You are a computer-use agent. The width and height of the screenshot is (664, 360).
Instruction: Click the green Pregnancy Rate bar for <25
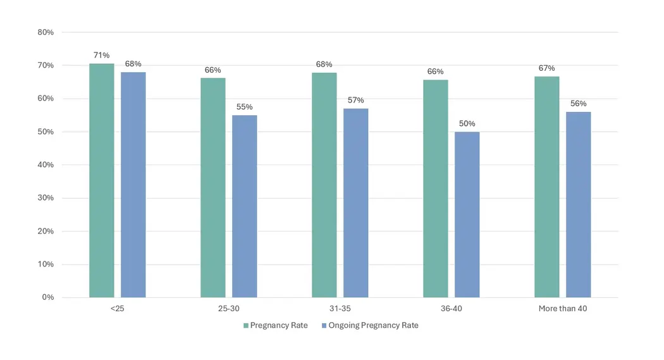pyautogui.click(x=101, y=180)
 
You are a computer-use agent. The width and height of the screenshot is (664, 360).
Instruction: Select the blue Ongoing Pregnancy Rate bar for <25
pyautogui.click(x=133, y=185)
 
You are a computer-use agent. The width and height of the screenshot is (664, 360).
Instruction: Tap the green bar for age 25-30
pyautogui.click(x=212, y=187)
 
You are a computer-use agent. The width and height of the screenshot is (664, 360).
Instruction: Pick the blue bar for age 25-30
pyautogui.click(x=244, y=206)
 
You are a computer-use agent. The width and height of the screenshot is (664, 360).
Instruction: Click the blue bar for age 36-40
pyautogui.click(x=467, y=214)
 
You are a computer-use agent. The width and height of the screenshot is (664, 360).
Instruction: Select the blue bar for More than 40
pyautogui.click(x=578, y=204)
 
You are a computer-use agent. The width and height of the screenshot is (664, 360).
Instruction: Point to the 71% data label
pyautogui.click(x=101, y=56)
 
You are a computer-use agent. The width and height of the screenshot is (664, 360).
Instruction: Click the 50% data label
pyautogui.click(x=467, y=124)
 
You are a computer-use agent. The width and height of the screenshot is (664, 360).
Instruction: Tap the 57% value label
pyautogui.click(x=355, y=101)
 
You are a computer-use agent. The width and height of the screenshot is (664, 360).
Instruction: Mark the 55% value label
pyautogui.click(x=244, y=107)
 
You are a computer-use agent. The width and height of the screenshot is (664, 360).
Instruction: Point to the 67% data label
pyautogui.click(x=546, y=68)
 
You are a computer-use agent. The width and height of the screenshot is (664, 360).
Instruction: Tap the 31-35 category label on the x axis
pyautogui.click(x=340, y=309)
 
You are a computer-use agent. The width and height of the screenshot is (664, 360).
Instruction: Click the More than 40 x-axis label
pyautogui.click(x=562, y=309)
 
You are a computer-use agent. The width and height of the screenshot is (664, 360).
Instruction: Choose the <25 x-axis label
pyautogui.click(x=117, y=309)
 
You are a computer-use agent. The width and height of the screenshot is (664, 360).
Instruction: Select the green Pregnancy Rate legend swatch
pyautogui.click(x=246, y=326)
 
